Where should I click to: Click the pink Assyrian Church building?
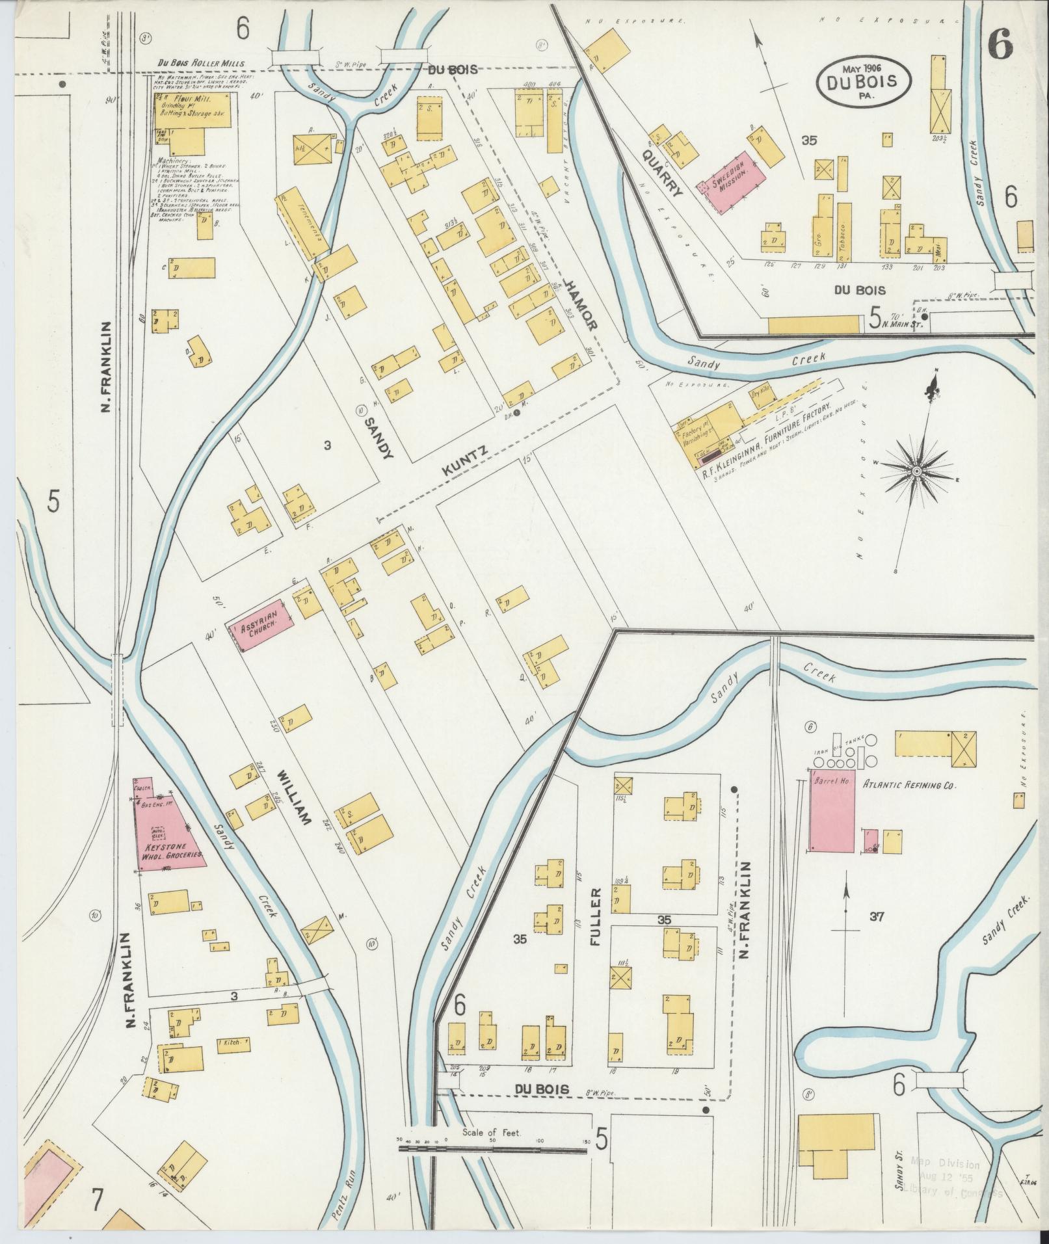pos(259,628)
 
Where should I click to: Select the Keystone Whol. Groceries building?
pos(171,833)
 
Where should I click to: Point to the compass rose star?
pos(916,470)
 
